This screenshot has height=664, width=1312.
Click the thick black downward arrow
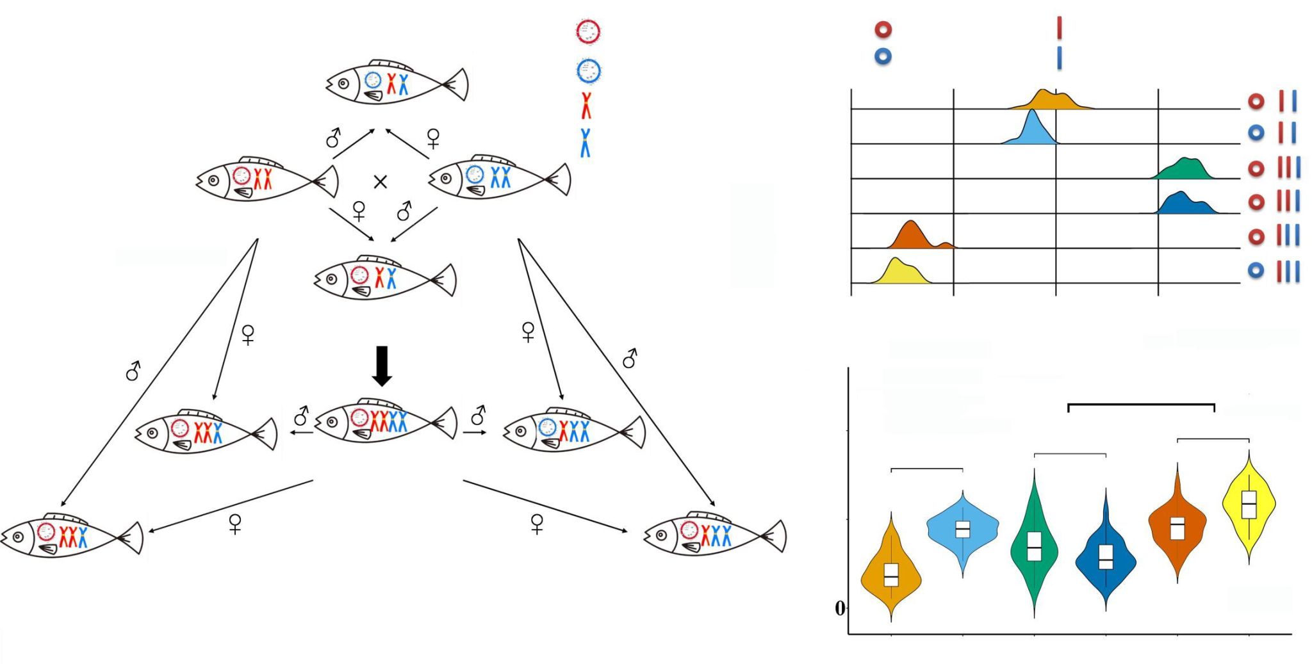[382, 366]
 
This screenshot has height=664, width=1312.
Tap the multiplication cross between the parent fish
[380, 182]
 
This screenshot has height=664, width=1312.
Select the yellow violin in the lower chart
[1249, 506]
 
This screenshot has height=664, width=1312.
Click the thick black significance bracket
[1141, 405]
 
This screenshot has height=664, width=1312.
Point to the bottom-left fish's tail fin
[132, 538]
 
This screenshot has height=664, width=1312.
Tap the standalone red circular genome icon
[587, 31]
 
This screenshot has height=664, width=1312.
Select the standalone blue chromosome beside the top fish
[585, 143]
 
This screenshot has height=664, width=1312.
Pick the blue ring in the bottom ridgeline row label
[1256, 271]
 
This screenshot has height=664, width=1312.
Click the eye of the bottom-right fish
[662, 535]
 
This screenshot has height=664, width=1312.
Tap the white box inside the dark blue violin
[1106, 556]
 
